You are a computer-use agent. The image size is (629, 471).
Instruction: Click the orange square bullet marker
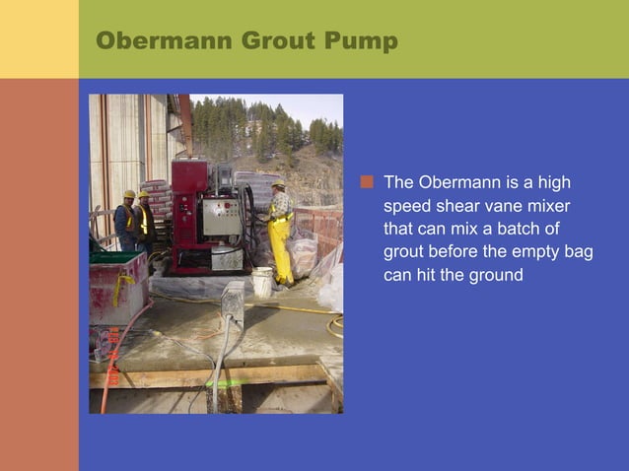click(368, 182)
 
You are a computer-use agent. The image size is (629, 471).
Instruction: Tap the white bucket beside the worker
click(261, 282)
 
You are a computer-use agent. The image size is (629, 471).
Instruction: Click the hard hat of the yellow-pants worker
click(278, 183)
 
